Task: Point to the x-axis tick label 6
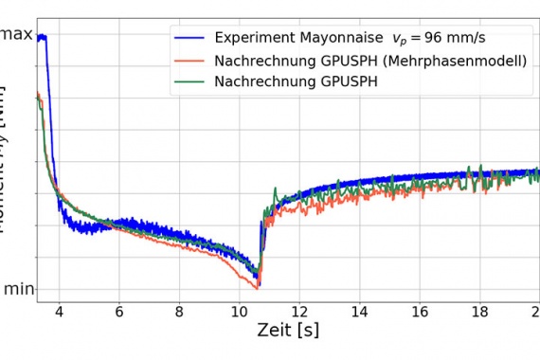119,310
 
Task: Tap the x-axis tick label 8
179,310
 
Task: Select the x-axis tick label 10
239,310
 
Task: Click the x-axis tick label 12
299,310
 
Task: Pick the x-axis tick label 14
359,310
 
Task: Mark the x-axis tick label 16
420,310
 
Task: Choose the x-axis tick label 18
479,310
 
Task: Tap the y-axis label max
16,35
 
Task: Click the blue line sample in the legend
189,39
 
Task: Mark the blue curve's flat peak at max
42,37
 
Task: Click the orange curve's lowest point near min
256,285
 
